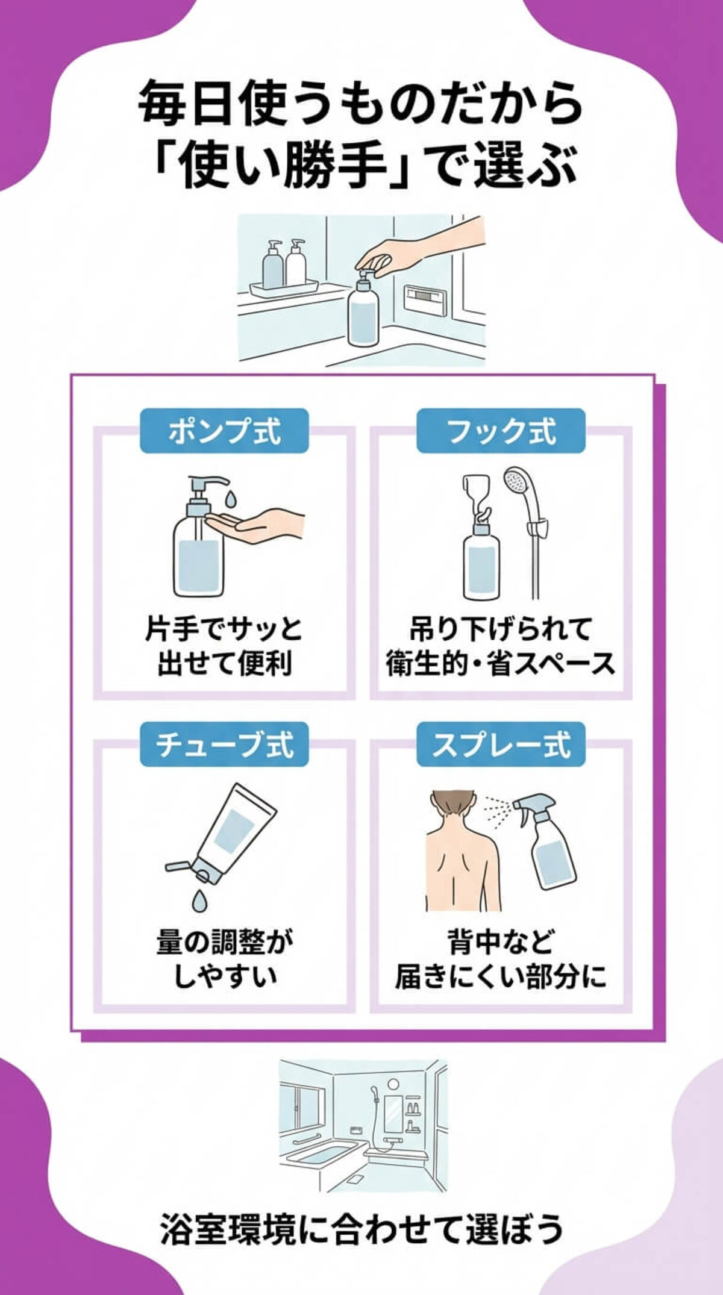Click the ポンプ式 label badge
(224, 431)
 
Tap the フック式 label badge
(501, 431)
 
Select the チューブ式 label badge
(224, 744)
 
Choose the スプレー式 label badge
(501, 744)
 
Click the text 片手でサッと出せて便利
(224, 646)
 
